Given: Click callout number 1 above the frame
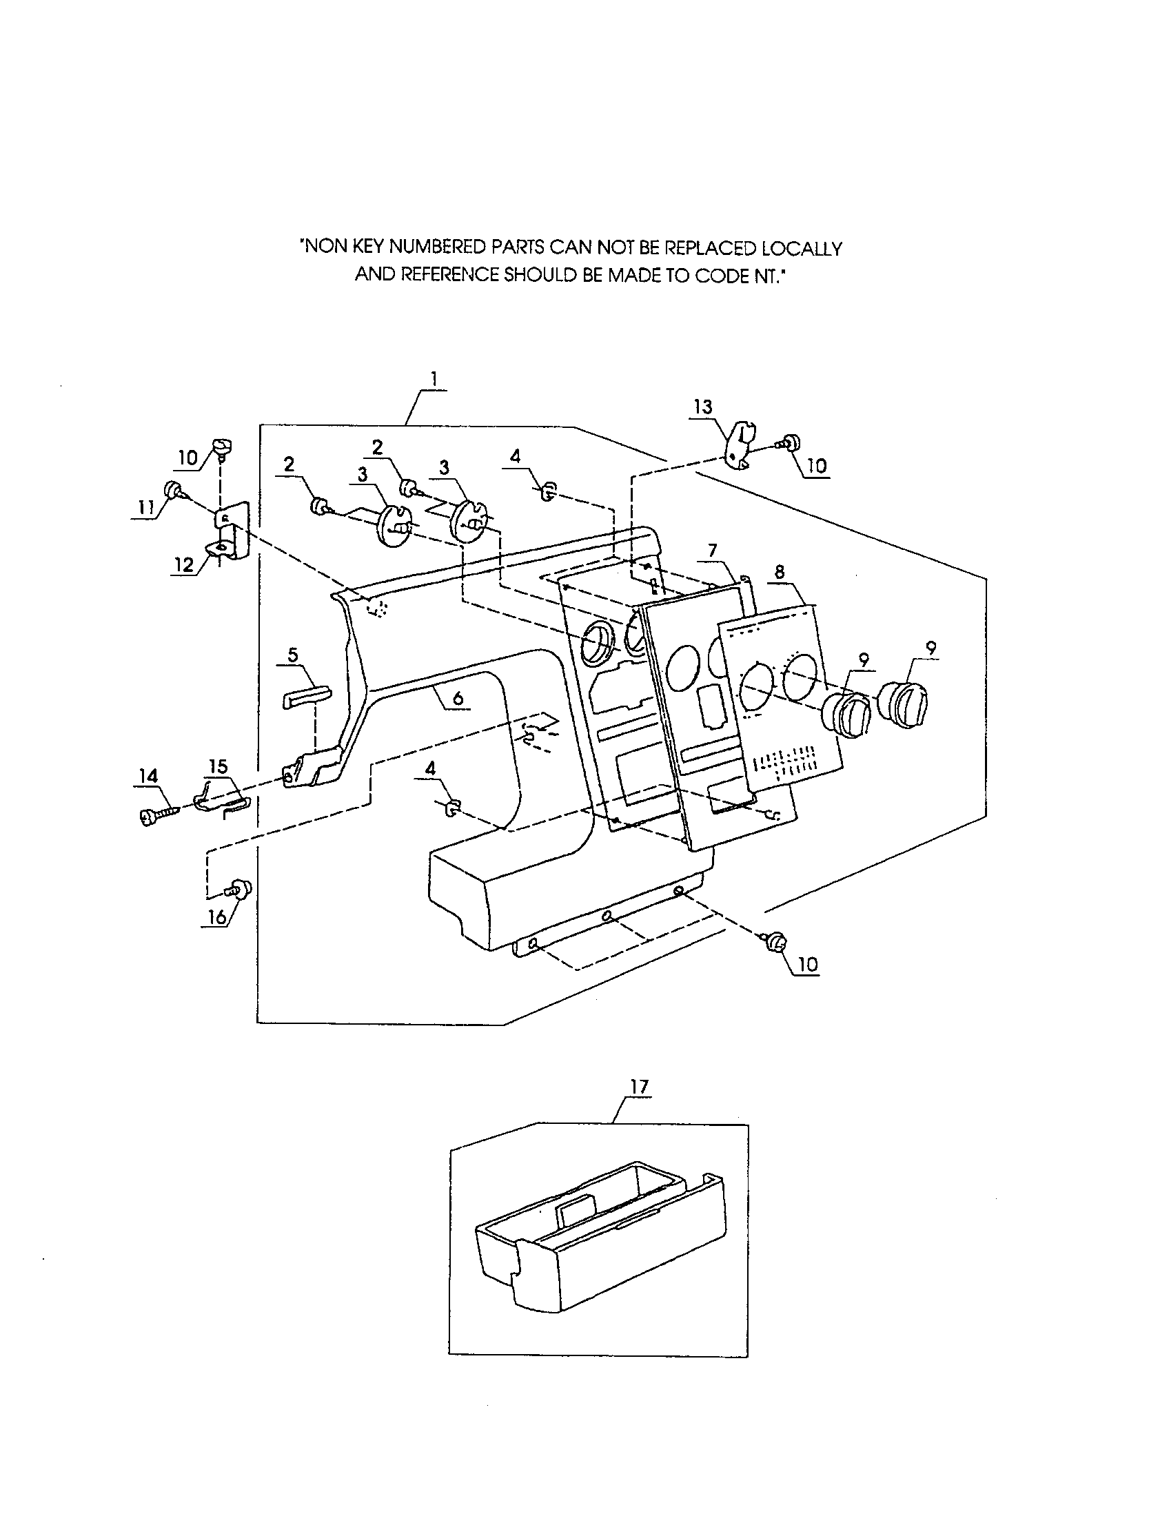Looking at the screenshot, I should (434, 379).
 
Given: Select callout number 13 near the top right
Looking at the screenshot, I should (702, 407).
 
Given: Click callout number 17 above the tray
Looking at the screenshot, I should (639, 1086).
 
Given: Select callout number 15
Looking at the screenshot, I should (218, 767).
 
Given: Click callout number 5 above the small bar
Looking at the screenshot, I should (292, 655).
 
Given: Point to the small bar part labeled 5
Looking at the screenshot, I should (306, 696).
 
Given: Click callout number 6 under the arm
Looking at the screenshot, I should (458, 698).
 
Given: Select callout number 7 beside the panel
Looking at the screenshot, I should (712, 551).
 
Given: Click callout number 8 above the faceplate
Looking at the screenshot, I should (780, 572).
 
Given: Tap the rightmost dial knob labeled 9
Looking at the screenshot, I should (906, 704).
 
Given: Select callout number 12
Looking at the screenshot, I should (183, 564).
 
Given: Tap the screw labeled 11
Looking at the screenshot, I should (173, 491).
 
